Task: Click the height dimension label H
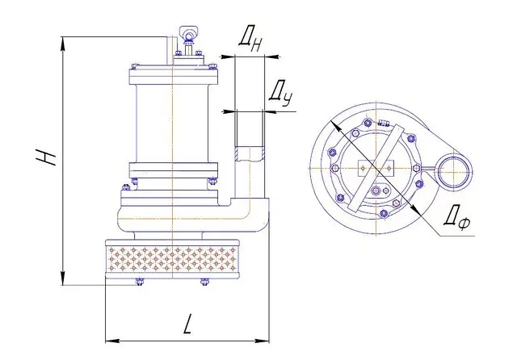(46, 157)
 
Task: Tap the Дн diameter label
(251, 40)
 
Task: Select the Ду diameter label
(281, 95)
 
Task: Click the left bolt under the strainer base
(140, 282)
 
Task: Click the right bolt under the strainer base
(204, 282)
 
